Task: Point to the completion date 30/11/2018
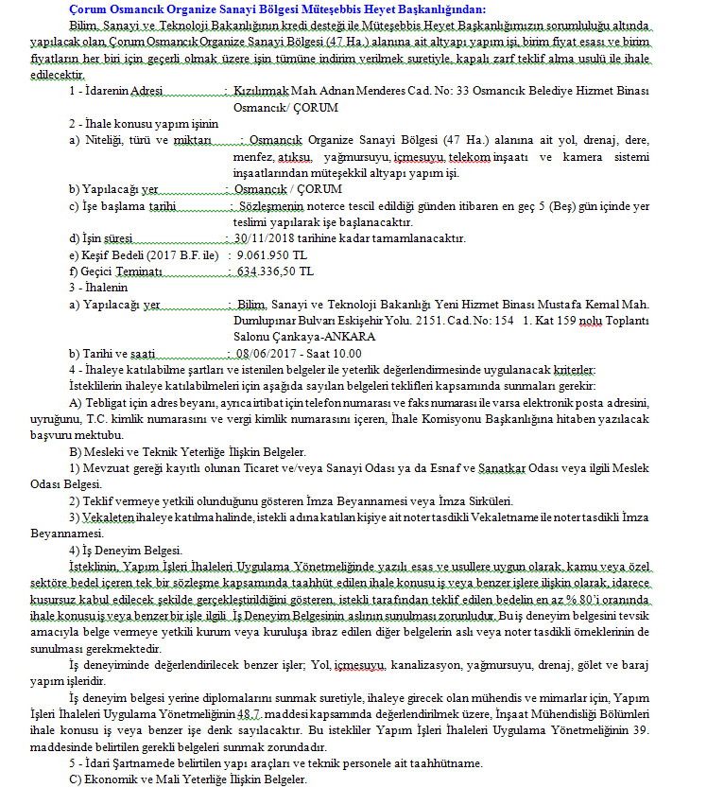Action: coord(264,238)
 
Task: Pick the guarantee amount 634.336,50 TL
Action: coord(274,271)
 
